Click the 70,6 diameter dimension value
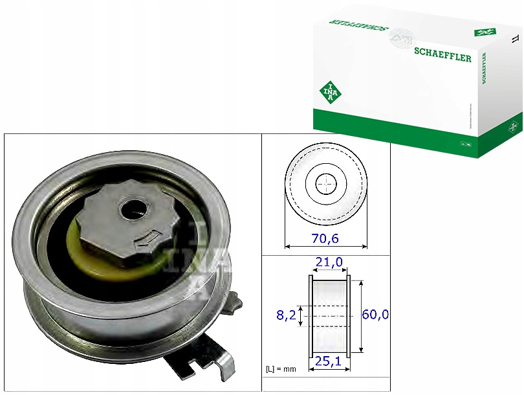click(326, 238)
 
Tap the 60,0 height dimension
click(375, 315)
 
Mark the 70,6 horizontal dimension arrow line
click(326, 247)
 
